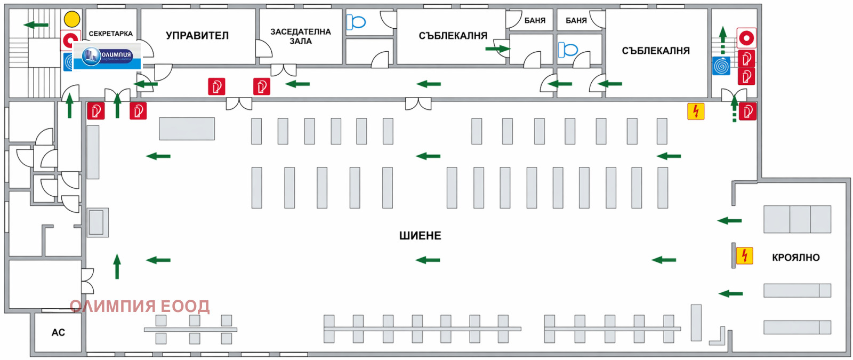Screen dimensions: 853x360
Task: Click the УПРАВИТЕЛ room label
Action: click(197, 35)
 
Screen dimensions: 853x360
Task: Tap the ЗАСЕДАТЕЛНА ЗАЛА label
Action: click(301, 36)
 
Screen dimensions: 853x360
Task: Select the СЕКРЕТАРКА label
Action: click(111, 34)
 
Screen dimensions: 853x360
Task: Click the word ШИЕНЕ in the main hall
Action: click(420, 236)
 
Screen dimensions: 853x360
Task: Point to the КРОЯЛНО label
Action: click(795, 258)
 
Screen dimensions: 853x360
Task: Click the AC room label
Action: click(58, 333)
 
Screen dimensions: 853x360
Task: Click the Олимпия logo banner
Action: click(107, 56)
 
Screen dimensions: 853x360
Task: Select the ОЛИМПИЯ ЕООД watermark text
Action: click(139, 306)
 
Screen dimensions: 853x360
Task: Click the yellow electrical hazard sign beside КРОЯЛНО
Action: click(744, 255)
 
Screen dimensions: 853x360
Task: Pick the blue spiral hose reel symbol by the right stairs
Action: click(721, 66)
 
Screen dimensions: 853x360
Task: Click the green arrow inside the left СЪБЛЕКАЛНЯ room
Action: click(498, 49)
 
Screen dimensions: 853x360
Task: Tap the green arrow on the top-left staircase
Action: click(36, 25)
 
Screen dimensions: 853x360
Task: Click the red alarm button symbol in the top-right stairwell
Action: click(746, 38)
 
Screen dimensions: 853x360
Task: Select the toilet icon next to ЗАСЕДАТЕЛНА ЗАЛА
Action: click(356, 22)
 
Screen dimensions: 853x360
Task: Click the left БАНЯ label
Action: click(535, 21)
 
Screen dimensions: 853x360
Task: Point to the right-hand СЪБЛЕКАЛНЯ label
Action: click(656, 51)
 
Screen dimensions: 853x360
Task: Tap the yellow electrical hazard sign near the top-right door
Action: click(696, 111)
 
